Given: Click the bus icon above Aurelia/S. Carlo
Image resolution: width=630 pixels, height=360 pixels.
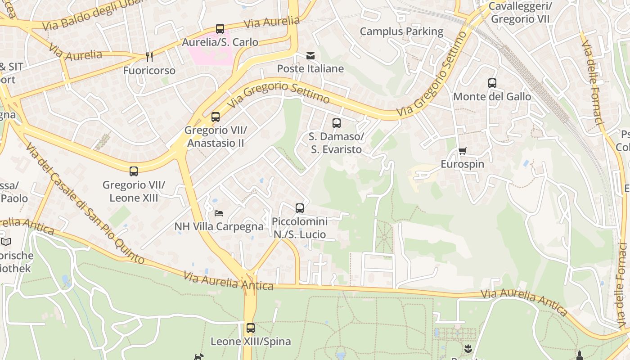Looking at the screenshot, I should click(220, 29).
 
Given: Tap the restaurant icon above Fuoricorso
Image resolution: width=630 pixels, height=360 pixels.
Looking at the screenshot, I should click(149, 57).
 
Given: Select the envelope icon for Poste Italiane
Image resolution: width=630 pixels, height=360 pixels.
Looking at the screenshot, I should click(310, 56).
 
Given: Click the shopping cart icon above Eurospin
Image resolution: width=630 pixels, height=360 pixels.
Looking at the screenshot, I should click(463, 151).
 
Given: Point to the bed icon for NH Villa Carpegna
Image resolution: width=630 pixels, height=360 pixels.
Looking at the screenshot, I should click(219, 213).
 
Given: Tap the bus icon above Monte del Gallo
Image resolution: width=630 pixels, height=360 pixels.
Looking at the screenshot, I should click(492, 83).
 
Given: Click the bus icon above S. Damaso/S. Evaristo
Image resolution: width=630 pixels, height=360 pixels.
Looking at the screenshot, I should click(337, 123).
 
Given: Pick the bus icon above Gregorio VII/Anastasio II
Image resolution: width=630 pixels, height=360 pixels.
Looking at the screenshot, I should click(216, 117).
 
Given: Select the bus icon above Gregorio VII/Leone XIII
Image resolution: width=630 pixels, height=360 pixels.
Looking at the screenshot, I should click(134, 171).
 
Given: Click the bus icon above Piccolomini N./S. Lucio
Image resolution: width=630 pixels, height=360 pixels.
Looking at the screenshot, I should click(300, 208).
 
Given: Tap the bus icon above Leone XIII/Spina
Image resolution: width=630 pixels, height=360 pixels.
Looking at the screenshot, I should click(251, 328).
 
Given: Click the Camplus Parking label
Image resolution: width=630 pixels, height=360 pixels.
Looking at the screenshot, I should click(401, 31).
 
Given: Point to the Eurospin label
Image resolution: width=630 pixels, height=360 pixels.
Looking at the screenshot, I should click(462, 164).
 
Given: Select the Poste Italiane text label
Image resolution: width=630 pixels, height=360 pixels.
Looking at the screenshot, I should click(310, 69).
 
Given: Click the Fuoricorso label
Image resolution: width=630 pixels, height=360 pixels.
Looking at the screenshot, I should click(149, 71).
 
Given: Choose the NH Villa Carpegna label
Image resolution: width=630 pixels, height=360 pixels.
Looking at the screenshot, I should click(219, 226).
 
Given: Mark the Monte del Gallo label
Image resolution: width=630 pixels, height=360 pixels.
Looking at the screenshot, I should click(492, 97).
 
